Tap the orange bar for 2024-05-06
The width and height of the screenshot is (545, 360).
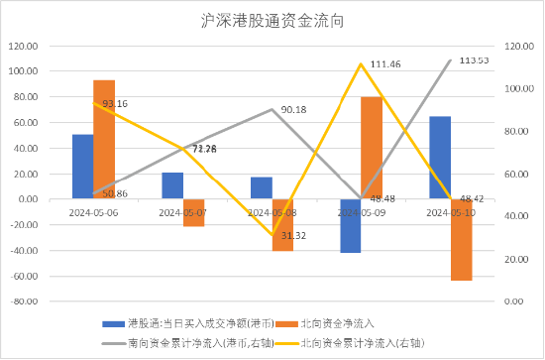[x=104, y=140]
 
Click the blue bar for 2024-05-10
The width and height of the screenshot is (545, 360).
[x=440, y=158]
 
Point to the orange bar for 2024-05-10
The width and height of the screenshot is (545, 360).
[x=461, y=239]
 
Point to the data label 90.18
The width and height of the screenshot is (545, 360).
[x=293, y=110]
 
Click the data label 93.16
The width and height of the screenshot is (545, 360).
[x=115, y=103]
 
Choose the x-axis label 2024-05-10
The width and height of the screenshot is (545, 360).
[x=450, y=211]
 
